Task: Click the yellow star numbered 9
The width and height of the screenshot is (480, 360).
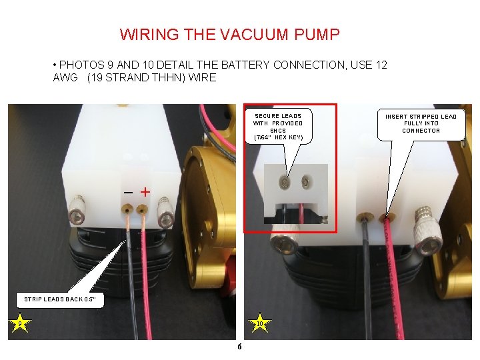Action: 21,325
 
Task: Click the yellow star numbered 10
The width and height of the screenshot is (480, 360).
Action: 260,325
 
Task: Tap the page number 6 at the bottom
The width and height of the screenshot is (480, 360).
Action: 239,347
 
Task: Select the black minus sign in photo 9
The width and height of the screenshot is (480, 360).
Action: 128,192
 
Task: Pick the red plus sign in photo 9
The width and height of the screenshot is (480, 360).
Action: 145,192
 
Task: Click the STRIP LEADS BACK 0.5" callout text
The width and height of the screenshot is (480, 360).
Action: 60,299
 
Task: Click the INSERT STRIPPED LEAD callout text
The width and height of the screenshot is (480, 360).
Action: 421,123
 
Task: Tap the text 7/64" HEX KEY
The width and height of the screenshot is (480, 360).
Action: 278,137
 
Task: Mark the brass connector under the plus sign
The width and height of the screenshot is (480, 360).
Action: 141,210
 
